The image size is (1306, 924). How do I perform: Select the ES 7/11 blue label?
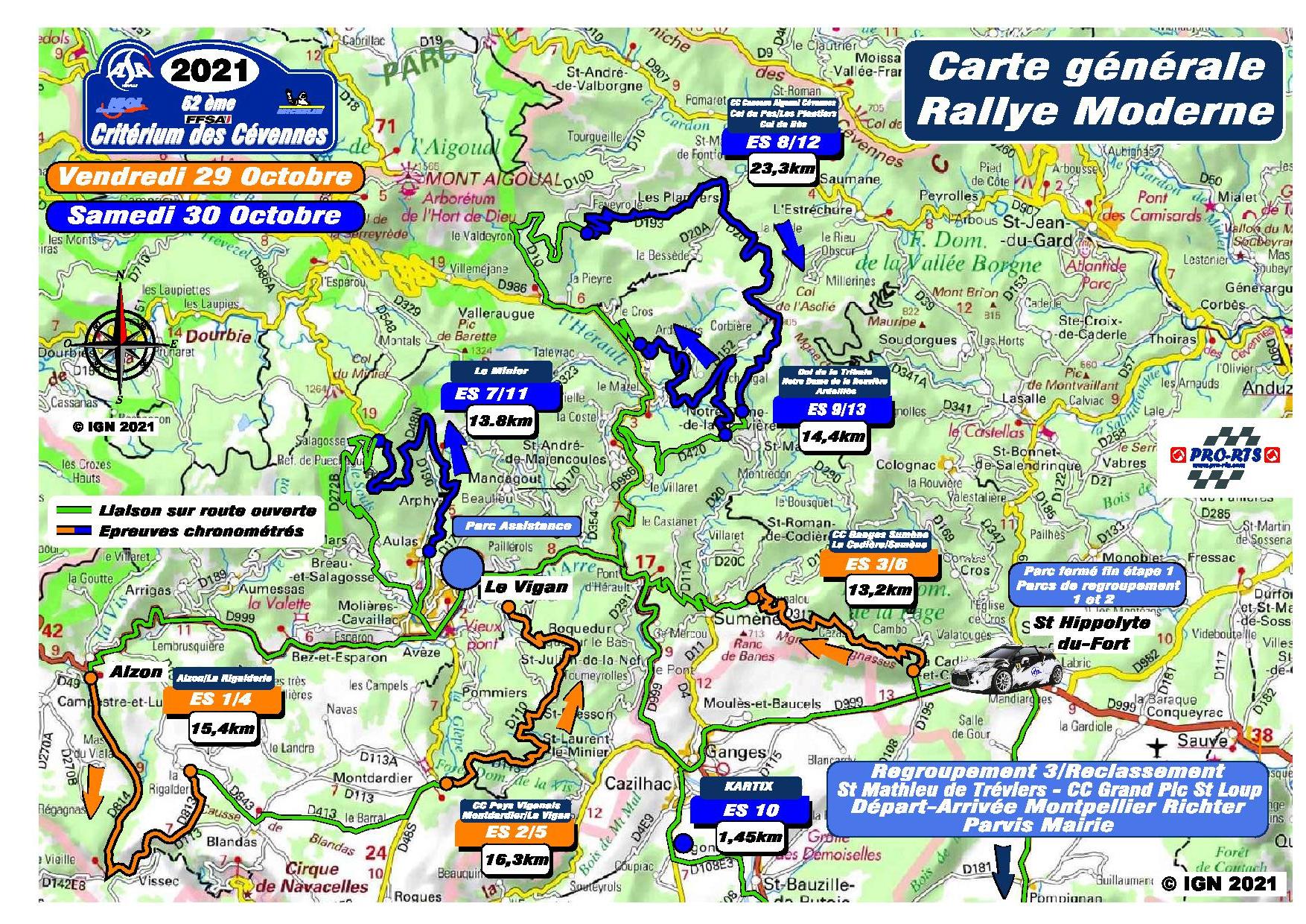(500, 395)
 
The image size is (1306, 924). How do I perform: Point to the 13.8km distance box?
(501, 421)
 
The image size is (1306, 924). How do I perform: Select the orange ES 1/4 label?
(224, 700)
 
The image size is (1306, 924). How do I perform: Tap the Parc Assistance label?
(518, 525)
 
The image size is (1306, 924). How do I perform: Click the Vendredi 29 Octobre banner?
(204, 177)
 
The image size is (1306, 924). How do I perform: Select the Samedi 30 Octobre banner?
(204, 215)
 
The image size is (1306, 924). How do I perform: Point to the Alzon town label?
(136, 671)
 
